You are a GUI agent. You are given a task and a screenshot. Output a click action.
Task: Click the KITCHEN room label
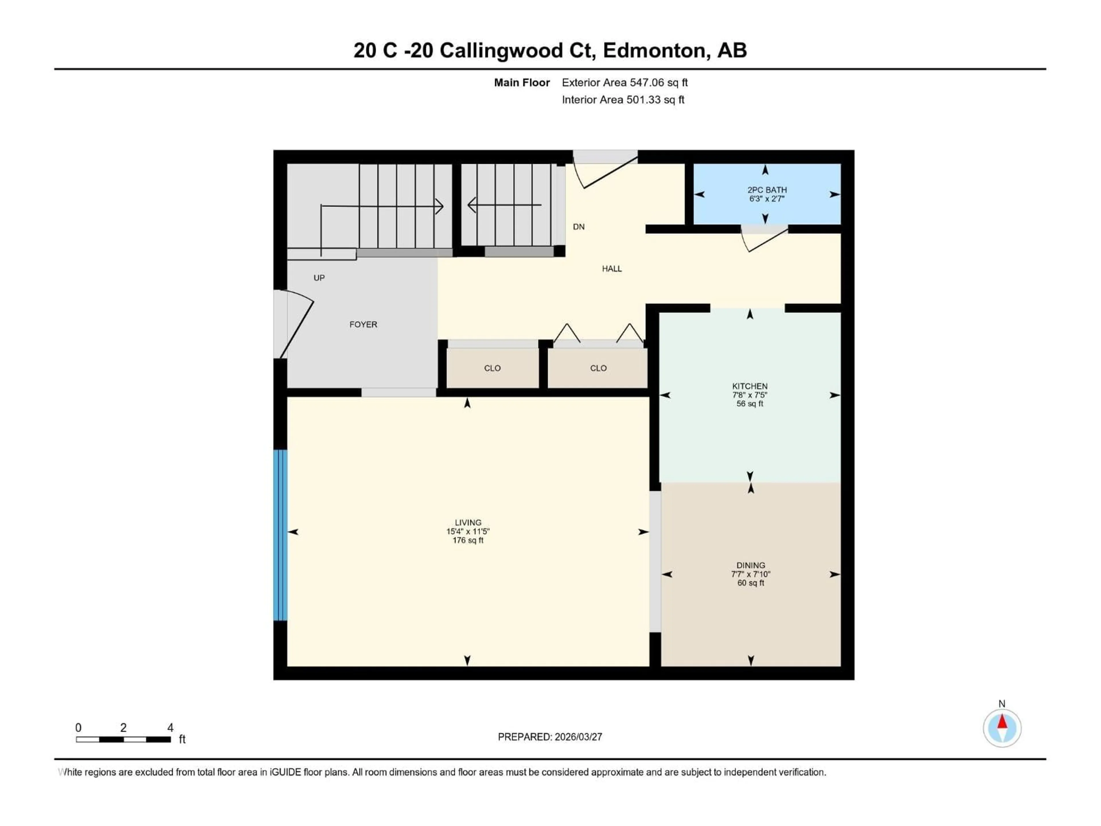click(749, 386)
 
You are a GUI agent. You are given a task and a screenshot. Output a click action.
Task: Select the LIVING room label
click(468, 522)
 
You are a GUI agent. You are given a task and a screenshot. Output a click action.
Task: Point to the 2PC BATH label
click(766, 190)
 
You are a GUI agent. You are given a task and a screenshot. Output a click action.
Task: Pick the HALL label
click(612, 269)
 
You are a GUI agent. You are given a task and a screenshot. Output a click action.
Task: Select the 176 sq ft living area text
click(468, 540)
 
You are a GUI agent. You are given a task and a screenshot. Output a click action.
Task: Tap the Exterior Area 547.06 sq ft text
click(625, 83)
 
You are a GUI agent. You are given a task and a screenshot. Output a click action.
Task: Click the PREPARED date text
click(550, 737)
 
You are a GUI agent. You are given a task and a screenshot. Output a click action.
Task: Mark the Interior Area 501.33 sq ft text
click(623, 100)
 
